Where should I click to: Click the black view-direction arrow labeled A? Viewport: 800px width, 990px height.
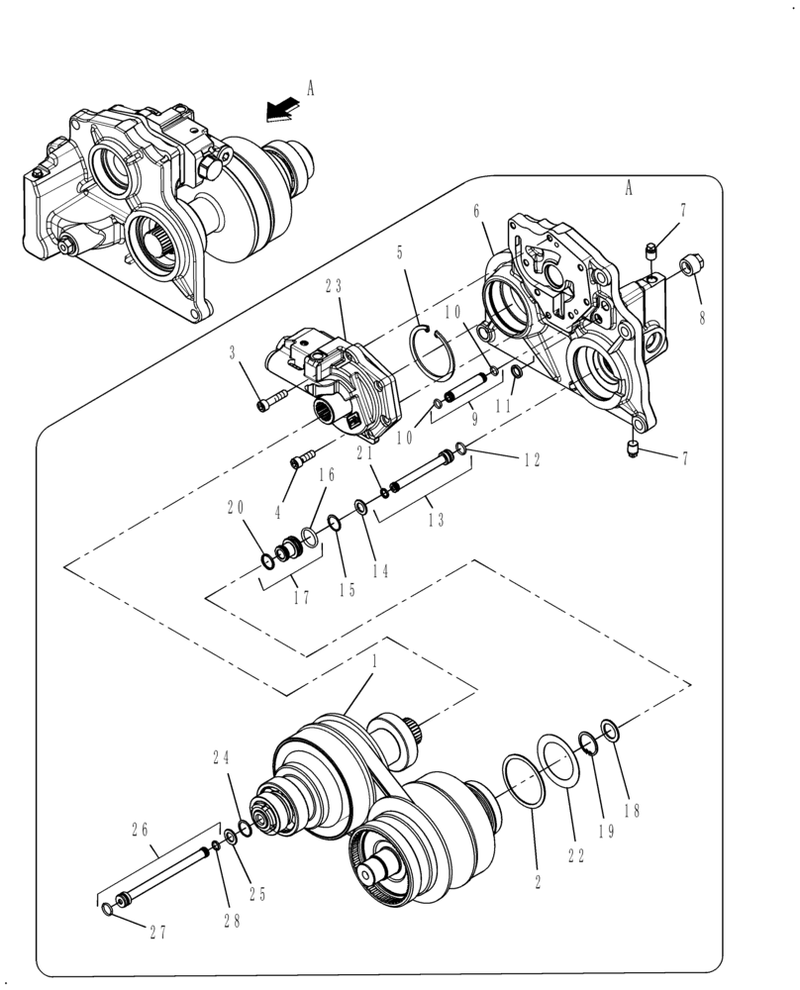(279, 110)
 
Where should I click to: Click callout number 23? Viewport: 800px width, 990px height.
(333, 286)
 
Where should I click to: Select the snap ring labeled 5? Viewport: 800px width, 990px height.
(433, 348)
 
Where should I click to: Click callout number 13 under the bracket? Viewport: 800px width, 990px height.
(435, 521)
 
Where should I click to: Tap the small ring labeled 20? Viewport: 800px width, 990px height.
(268, 562)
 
